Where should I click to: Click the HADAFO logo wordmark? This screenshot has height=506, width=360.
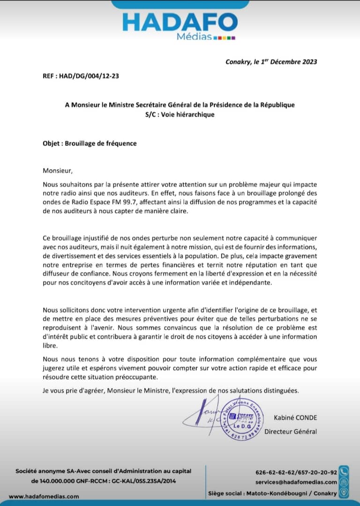pyautogui.click(x=180, y=22)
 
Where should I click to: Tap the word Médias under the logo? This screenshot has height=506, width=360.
pyautogui.click(x=194, y=37)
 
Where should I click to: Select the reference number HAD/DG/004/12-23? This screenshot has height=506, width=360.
pyautogui.click(x=89, y=75)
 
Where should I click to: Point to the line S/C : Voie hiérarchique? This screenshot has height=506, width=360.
pyautogui.click(x=180, y=114)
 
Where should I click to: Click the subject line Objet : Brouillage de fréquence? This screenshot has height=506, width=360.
pyautogui.click(x=90, y=143)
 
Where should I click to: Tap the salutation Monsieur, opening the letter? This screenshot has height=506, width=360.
pyautogui.click(x=58, y=171)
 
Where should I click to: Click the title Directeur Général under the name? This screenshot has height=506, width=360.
pyautogui.click(x=291, y=432)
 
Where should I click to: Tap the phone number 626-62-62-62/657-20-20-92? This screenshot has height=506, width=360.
pyautogui.click(x=296, y=472)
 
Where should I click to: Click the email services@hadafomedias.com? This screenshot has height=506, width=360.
pyautogui.click(x=296, y=482)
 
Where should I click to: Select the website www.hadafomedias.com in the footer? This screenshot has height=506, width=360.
pyautogui.click(x=44, y=496)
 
